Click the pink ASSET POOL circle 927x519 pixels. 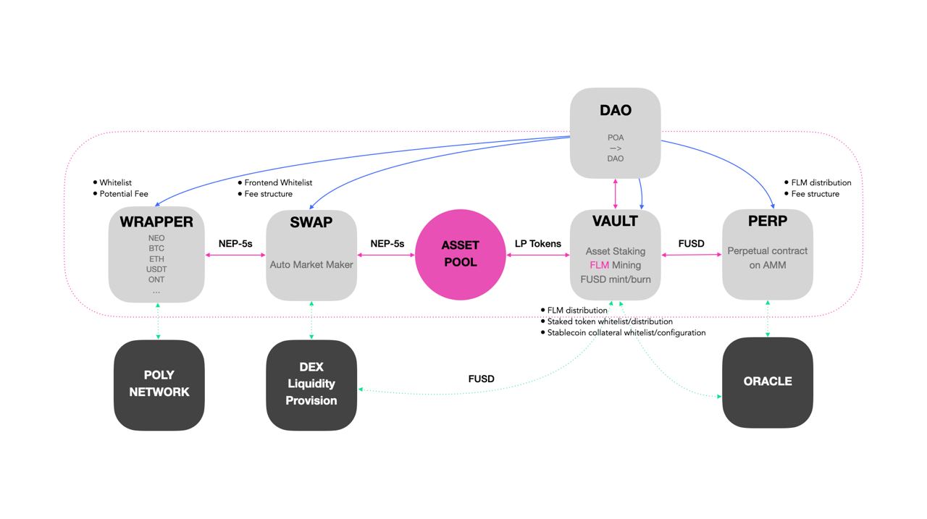tap(460, 253)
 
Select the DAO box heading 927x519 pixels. tap(616, 111)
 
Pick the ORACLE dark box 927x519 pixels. tap(768, 381)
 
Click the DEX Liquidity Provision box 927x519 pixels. tap(311, 384)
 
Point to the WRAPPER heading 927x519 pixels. tap(156, 221)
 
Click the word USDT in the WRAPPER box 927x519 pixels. tap(156, 269)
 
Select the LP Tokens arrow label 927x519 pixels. tap(538, 244)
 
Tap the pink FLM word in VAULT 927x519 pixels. tap(600, 265)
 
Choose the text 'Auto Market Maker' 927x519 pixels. tap(311, 265)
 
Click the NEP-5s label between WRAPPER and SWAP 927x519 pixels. tap(235, 244)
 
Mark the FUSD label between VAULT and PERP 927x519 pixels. tap(691, 244)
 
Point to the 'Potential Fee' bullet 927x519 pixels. tap(124, 194)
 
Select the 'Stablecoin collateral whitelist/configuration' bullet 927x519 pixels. tap(626, 333)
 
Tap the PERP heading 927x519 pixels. tap(768, 221)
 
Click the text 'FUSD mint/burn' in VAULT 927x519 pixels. tap(616, 279)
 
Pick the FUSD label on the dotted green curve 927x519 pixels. tap(482, 379)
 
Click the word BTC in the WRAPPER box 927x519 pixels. tap(156, 248)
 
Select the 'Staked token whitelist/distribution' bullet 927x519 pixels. tap(610, 321)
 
